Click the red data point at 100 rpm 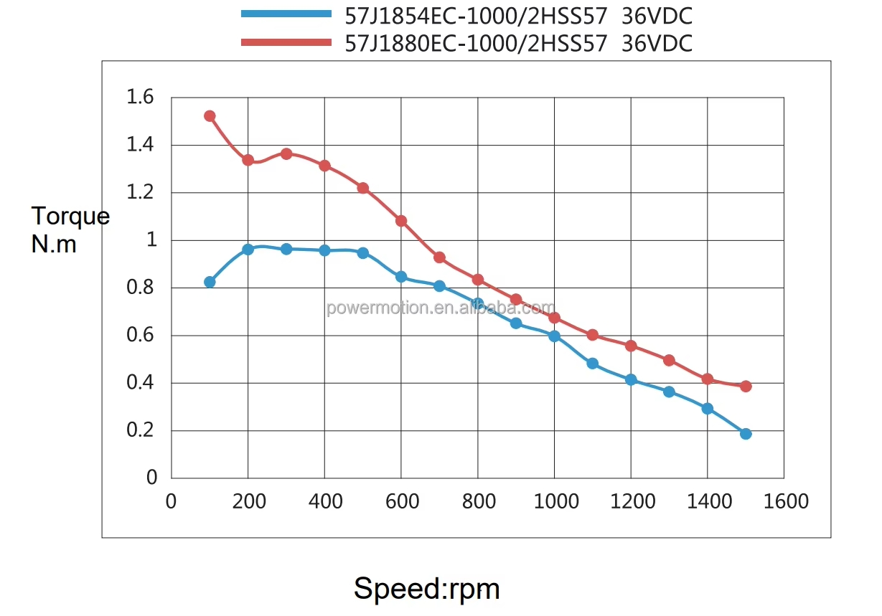tap(210, 116)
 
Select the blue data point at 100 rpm tap(210, 282)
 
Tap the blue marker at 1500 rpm tap(746, 434)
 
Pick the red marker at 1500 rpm tap(746, 386)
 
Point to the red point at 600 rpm tap(401, 221)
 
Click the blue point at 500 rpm tap(362, 253)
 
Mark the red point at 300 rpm tap(286, 153)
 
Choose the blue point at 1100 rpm tap(592, 364)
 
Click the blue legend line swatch tap(286, 14)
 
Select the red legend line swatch tap(286, 42)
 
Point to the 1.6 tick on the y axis tap(141, 97)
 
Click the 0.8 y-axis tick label tap(141, 288)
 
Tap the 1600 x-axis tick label tap(784, 501)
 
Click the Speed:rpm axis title tap(426, 589)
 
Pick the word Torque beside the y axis tap(70, 216)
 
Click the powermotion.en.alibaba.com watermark tap(441, 308)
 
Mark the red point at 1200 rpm tap(631, 346)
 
